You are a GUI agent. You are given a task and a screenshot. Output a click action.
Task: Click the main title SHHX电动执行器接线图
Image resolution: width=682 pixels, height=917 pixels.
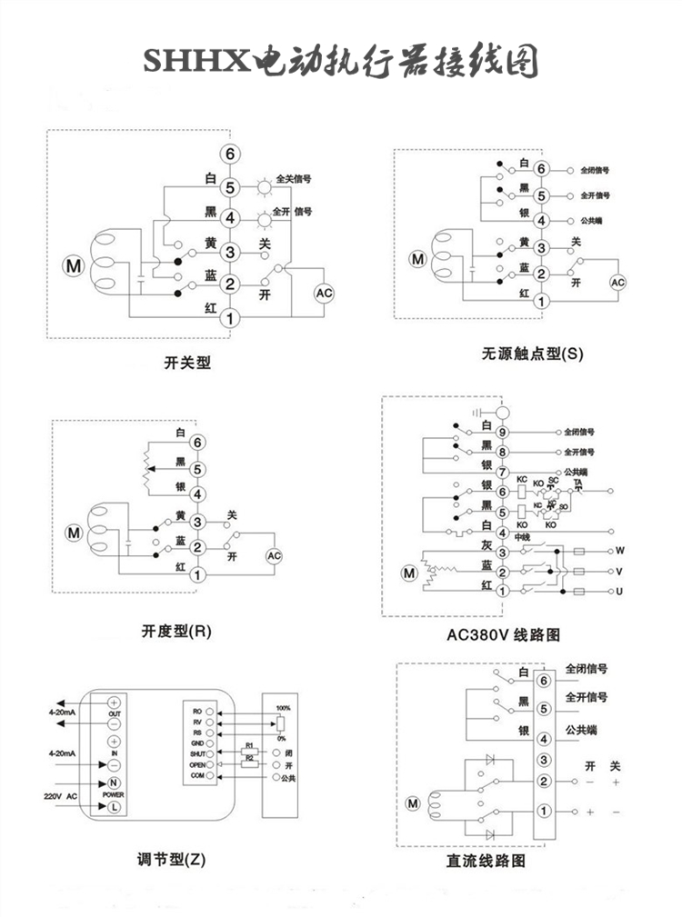pos(340,63)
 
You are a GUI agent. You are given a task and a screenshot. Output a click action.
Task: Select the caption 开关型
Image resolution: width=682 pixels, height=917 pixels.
pos(186,363)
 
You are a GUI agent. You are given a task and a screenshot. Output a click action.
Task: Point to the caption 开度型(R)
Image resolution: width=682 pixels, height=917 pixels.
pos(176,630)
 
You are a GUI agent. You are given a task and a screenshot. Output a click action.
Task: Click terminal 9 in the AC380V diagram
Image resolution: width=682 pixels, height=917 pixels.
pos(502,433)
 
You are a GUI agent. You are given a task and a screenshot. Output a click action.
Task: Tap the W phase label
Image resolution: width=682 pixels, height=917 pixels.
pos(620,551)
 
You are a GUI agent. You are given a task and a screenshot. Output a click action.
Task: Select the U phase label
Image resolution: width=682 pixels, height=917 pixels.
pos(620,592)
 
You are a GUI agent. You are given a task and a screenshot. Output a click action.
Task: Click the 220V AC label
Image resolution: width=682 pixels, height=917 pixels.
pos(61,795)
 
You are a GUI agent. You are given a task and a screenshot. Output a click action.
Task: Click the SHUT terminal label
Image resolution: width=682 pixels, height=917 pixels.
pos(197,754)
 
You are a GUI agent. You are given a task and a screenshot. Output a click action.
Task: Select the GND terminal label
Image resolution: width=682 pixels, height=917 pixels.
pos(197,743)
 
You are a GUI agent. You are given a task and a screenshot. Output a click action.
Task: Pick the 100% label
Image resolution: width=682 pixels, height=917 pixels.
pos(283,707)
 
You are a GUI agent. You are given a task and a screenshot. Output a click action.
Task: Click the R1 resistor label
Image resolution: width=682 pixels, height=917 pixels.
pos(247,745)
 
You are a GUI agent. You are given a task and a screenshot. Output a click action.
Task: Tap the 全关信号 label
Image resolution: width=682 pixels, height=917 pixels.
pos(293,179)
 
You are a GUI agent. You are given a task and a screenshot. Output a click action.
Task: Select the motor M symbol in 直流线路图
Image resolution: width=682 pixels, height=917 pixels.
pos(413,802)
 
